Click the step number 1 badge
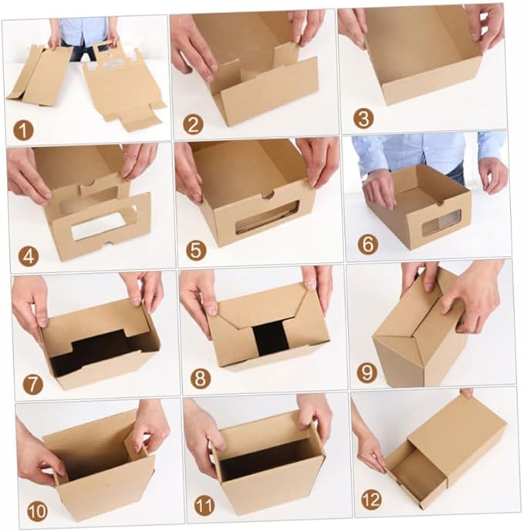pyautogui.click(x=23, y=130)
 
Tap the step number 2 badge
pyautogui.click(x=193, y=124)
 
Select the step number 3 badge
pyautogui.click(x=363, y=119)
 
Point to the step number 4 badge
pyautogui.click(x=29, y=257)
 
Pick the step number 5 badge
pyautogui.click(x=196, y=251)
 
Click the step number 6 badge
pyautogui.click(x=368, y=244)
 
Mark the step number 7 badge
pyautogui.click(x=33, y=385)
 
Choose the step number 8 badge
pyautogui.click(x=201, y=379)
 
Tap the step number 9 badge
pyautogui.click(x=367, y=372)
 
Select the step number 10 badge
pyautogui.click(x=37, y=512)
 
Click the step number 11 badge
pyautogui.click(x=205, y=505)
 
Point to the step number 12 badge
pyautogui.click(x=371, y=500)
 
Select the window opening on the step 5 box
pyautogui.click(x=267, y=217)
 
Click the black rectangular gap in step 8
pyautogui.click(x=271, y=338)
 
